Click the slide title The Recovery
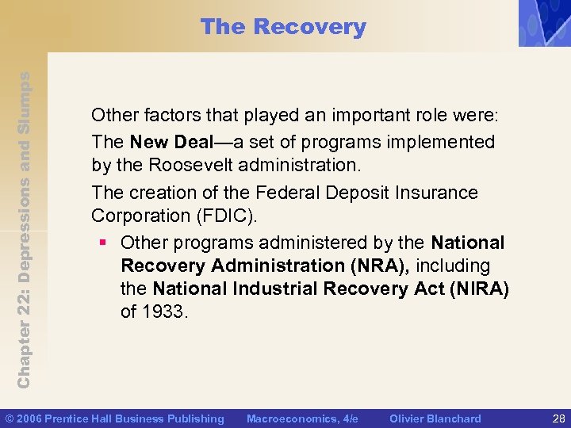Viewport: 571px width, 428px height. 283,27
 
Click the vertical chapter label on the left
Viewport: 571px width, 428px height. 25,230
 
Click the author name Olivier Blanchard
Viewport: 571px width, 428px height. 435,418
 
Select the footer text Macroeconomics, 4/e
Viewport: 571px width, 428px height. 302,418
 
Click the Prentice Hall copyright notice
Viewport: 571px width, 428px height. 115,418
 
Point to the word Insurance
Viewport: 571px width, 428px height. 429,193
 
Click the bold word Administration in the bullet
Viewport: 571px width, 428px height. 266,266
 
